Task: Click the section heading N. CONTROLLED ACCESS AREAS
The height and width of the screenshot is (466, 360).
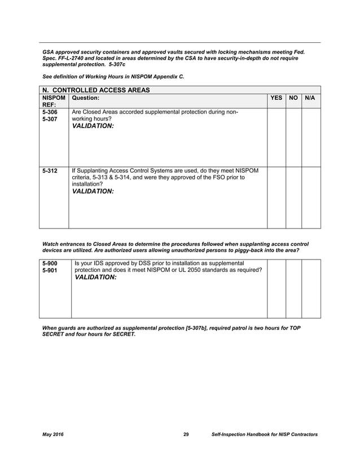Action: pos(96,90)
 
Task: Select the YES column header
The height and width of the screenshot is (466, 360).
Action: pos(276,98)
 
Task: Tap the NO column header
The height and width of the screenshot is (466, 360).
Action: pos(293,98)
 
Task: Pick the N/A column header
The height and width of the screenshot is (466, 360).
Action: pos(310,98)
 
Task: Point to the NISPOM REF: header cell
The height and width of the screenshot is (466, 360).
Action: pos(54,101)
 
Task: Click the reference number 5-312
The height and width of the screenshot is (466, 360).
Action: pos(50,170)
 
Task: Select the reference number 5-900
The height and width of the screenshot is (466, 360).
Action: pos(51,263)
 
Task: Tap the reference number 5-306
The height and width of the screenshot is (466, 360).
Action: pos(50,112)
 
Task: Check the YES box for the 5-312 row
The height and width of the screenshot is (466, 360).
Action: pos(276,197)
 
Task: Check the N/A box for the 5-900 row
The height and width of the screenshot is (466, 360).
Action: pos(311,289)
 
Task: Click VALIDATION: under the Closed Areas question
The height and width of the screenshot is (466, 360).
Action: pos(93,126)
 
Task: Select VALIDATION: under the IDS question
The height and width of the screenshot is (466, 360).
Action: pos(95,278)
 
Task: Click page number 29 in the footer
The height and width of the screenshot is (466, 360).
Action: pos(186,434)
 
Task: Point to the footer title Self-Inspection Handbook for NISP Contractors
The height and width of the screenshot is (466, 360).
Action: pos(264,434)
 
